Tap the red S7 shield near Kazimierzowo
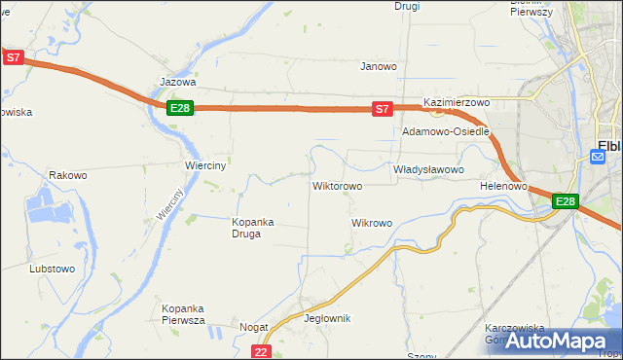[x=383, y=110]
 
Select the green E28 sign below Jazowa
[x=179, y=108]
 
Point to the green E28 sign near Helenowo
[x=566, y=201]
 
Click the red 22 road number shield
[x=260, y=351]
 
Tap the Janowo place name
[x=379, y=67]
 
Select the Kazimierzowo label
[x=456, y=102]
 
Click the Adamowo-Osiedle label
[x=445, y=130]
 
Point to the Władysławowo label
[x=427, y=169]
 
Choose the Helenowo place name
[x=503, y=185]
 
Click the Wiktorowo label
[x=337, y=185]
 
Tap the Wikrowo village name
[x=371, y=223]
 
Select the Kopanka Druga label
[x=252, y=228]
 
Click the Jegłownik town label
[x=327, y=318]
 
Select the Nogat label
[x=254, y=328]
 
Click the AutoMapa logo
[x=560, y=342]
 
